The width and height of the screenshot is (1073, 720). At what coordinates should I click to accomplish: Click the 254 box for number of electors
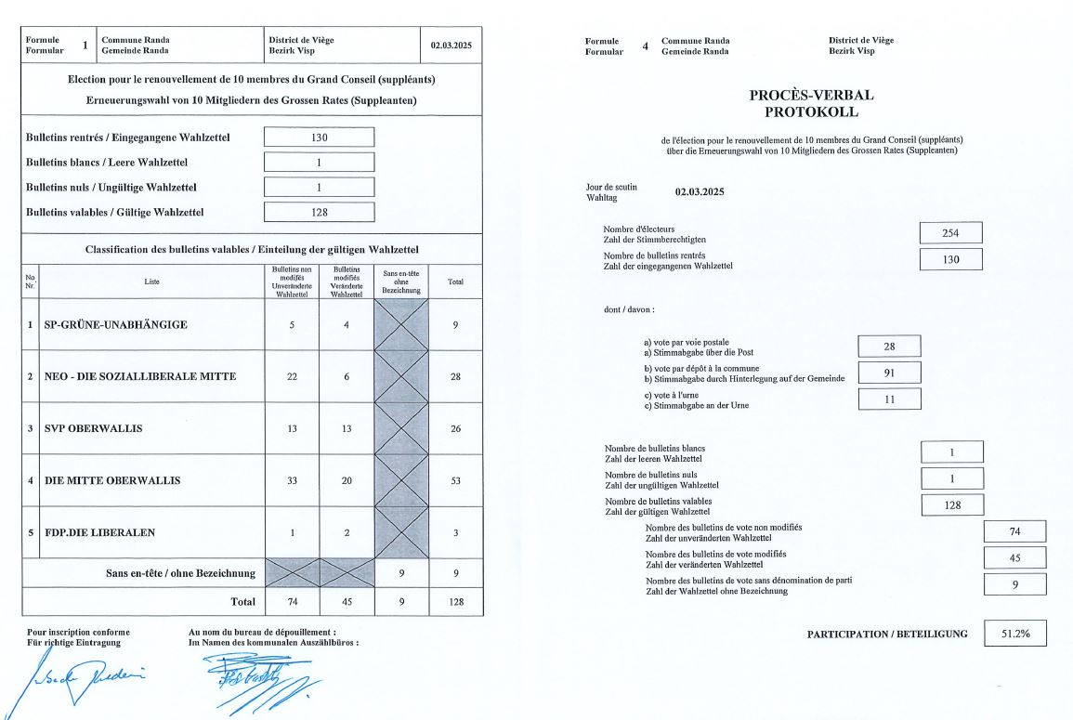(x=949, y=233)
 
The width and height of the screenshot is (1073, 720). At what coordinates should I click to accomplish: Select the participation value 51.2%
(x=1014, y=634)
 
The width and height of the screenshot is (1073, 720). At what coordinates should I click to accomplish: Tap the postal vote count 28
(x=889, y=347)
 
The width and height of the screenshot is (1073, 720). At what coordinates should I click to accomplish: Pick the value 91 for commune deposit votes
(x=889, y=373)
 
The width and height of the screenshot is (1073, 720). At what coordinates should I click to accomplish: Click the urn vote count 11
(x=889, y=399)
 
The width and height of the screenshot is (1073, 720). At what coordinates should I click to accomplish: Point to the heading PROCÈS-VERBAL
(x=811, y=95)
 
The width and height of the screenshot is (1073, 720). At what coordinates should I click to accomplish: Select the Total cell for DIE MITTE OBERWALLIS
(x=455, y=480)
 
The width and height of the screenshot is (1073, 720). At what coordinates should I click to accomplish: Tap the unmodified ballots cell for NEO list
(x=292, y=376)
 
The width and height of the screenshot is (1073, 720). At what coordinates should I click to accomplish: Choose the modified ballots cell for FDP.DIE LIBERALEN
(x=346, y=532)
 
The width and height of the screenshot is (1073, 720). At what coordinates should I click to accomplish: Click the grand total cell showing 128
(x=455, y=601)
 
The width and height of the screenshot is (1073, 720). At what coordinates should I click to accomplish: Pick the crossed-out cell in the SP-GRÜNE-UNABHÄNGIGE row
(x=400, y=324)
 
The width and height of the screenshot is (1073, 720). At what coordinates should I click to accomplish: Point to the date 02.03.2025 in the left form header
(x=451, y=45)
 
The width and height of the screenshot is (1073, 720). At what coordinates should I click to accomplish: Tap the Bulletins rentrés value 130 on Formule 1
(x=319, y=137)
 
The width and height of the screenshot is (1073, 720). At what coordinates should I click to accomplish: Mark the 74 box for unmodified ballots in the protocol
(x=1014, y=531)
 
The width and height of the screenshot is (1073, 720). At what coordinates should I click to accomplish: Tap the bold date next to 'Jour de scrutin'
(x=699, y=192)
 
